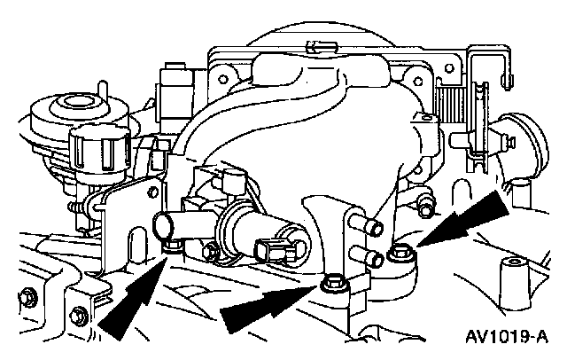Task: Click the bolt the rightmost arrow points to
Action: (x=400, y=254)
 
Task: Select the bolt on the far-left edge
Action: (x=29, y=294)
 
